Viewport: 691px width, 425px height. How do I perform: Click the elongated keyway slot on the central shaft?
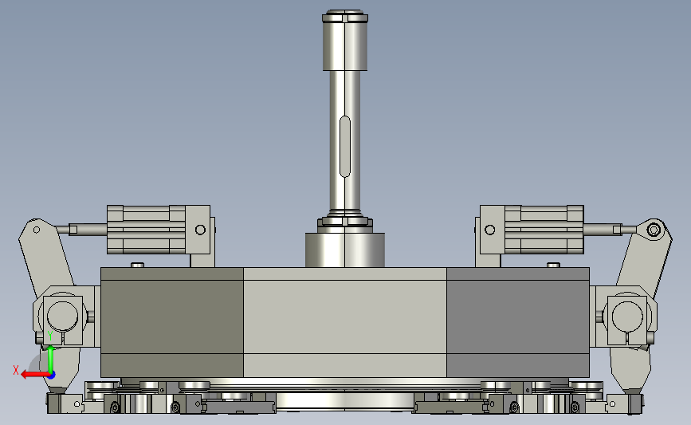(x=345, y=147)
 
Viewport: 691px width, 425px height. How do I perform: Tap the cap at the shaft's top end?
(x=345, y=16)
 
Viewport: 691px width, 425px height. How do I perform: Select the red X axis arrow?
(x=35, y=375)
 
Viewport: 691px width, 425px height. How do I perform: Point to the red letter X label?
(x=16, y=370)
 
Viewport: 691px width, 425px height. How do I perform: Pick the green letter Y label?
(x=50, y=336)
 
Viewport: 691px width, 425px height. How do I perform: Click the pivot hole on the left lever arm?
(x=37, y=230)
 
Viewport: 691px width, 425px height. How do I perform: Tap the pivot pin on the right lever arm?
(x=654, y=230)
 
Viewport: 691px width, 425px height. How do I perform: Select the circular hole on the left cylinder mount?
(x=200, y=230)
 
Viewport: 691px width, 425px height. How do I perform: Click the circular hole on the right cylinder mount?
(x=489, y=230)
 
